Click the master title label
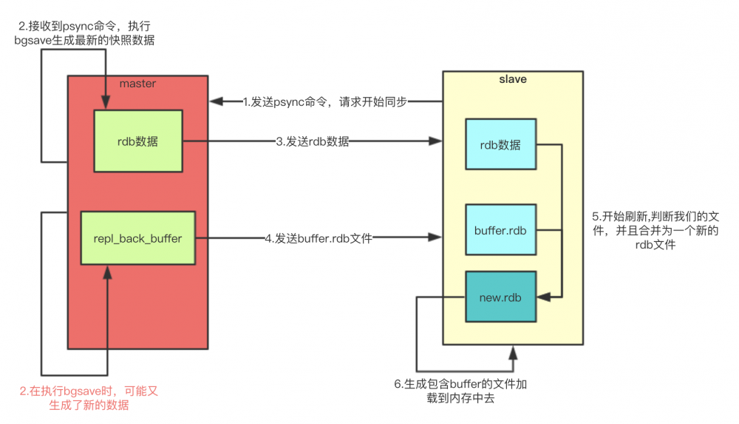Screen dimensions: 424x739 (x=137, y=84)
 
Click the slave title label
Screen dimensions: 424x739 (x=513, y=79)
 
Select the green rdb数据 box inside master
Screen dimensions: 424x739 (x=137, y=142)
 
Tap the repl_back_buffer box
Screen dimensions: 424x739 (x=137, y=238)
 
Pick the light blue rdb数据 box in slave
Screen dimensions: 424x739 (x=500, y=144)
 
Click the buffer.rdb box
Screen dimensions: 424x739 (x=500, y=230)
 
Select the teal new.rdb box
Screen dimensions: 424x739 (x=500, y=296)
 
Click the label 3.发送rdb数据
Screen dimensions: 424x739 (x=313, y=141)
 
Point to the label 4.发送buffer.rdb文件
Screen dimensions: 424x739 (x=319, y=238)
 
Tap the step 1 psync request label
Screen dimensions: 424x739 (x=326, y=102)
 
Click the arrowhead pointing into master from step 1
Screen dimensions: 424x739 (x=215, y=102)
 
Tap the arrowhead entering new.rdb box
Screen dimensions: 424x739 (x=542, y=297)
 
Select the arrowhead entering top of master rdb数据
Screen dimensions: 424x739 (x=108, y=104)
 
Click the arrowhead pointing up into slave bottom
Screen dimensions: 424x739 (x=511, y=351)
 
